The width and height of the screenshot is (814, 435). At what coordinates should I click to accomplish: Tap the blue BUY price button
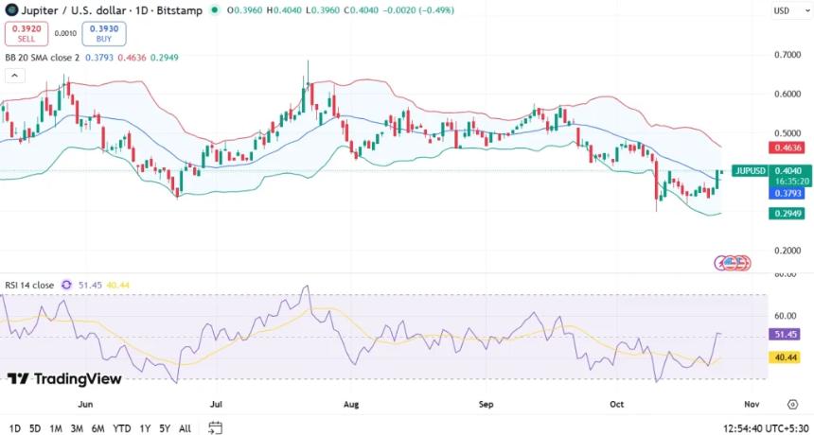coord(104,33)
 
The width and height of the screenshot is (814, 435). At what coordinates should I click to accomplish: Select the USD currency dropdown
coord(785,10)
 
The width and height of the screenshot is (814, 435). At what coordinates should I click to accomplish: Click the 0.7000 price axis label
coord(787,55)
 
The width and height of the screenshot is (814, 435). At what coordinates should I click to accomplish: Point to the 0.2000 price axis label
coord(787,251)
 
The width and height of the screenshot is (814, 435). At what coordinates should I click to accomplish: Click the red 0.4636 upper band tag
coord(787,148)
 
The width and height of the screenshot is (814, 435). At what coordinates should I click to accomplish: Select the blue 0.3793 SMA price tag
coord(787,193)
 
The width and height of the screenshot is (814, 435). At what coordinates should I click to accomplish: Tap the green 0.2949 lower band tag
coord(787,214)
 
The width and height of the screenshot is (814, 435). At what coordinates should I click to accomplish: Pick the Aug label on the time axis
coord(351,404)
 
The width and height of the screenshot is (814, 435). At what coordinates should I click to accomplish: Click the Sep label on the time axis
coord(487,404)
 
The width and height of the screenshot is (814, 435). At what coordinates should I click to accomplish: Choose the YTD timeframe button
coord(121,428)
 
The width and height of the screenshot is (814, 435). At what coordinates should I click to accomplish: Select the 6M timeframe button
coord(97,428)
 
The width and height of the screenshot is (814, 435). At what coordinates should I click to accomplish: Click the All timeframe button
coord(185,428)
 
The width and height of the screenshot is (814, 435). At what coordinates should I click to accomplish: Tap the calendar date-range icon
coord(216,427)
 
